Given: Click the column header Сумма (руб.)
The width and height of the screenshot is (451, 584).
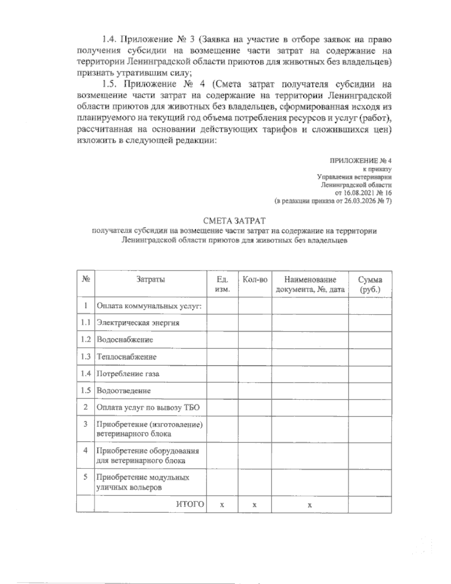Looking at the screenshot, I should (x=370, y=284).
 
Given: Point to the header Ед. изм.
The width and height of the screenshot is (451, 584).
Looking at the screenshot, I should (x=222, y=284).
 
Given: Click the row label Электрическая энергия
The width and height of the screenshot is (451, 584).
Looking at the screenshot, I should (x=138, y=323).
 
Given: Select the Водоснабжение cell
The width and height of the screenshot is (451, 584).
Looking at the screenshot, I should (x=125, y=340).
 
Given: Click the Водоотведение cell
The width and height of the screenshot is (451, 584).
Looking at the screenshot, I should (x=124, y=391).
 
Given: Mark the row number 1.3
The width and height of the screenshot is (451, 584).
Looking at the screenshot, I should (x=85, y=356).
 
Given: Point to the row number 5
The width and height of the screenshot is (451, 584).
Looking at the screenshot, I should (x=85, y=477).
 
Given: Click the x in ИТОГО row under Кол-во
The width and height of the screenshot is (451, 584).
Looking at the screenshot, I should (x=254, y=505).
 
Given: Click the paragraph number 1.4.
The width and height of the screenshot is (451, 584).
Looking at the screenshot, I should (x=110, y=39).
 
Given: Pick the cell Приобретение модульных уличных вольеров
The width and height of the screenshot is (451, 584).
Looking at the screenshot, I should (x=143, y=482).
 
